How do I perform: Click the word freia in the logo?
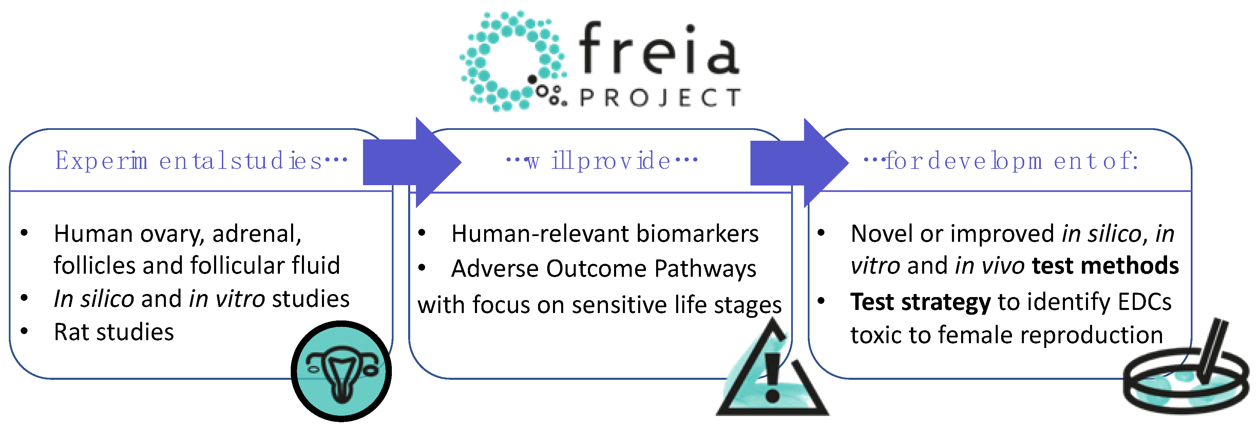point(659,49)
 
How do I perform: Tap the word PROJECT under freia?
point(660,98)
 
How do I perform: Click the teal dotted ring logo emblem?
point(514,61)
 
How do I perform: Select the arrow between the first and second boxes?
point(412,162)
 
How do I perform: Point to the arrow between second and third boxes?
point(800,162)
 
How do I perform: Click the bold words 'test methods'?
point(1106,266)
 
